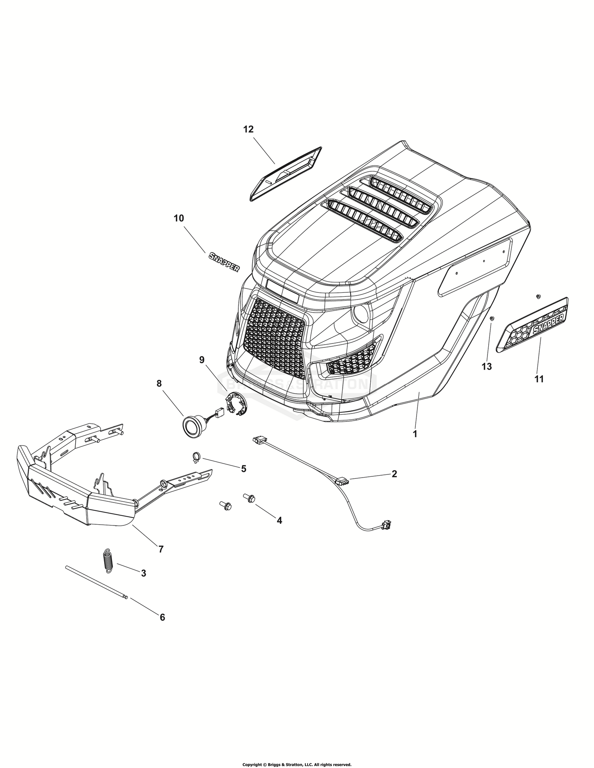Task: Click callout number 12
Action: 248,129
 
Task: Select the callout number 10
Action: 179,218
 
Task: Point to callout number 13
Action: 487,366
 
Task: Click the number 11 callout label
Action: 539,379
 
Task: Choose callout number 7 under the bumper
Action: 161,549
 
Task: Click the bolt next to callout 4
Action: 250,497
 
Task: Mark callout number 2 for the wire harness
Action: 394,474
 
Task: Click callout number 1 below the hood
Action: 415,434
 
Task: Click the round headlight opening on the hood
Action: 361,313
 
